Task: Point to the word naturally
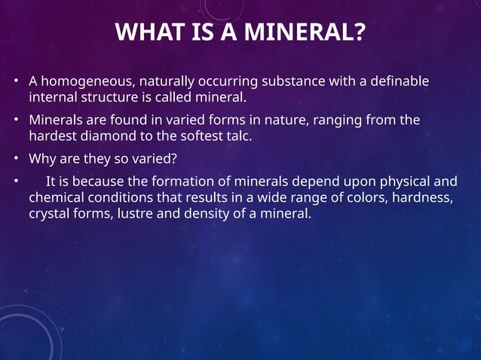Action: pos(166,81)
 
